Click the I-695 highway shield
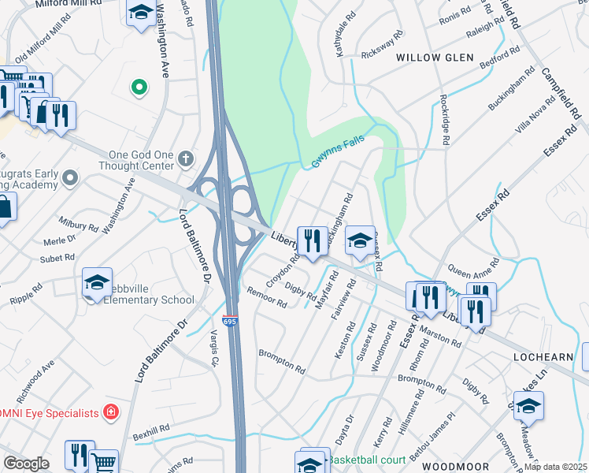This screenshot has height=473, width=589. point(229,322)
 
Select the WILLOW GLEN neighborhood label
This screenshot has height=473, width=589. point(435,58)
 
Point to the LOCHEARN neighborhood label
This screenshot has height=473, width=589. point(543,357)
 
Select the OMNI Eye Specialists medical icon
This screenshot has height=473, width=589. point(112,412)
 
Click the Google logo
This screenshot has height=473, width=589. point(26,464)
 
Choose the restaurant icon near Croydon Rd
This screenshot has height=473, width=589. point(313,240)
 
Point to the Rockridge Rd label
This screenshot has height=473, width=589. point(444,119)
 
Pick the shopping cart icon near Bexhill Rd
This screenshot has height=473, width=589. point(103,462)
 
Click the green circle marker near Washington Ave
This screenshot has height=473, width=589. point(139,87)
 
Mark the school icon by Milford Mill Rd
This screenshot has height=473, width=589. point(141,13)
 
